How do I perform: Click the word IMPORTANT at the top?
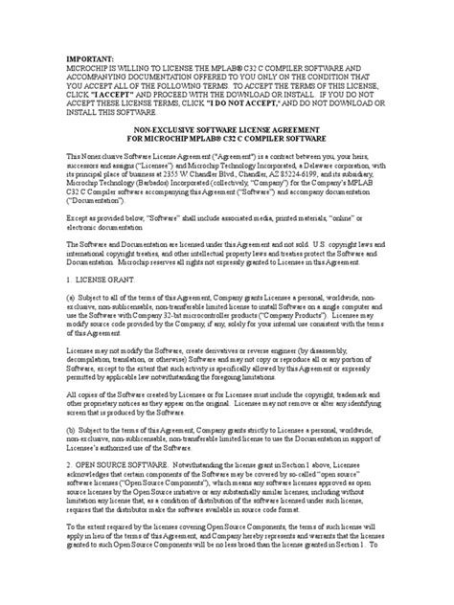(x=88, y=56)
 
